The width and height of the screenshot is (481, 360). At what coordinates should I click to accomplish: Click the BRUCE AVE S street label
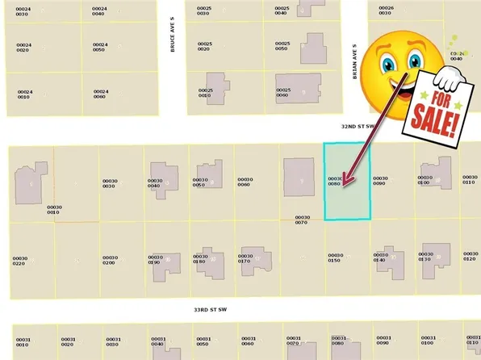(x=173, y=43)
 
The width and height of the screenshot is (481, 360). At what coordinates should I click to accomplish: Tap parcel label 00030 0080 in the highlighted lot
(x=336, y=181)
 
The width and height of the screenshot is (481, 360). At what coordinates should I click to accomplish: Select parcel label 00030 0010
(x=55, y=210)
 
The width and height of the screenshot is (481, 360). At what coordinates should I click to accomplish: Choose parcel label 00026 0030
(x=386, y=11)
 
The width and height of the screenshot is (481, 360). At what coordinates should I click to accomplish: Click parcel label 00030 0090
(x=380, y=181)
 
